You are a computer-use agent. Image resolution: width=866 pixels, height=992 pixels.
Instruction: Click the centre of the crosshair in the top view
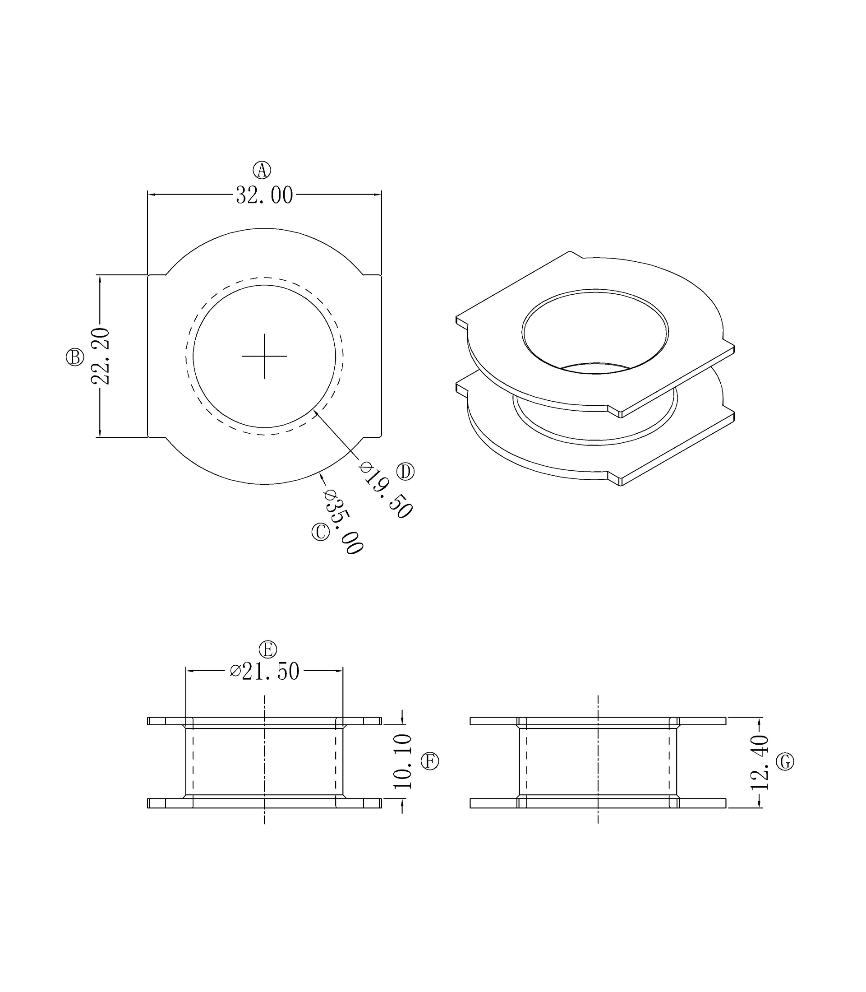(x=264, y=356)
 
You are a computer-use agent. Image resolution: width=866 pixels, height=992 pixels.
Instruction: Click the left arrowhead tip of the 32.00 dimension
(x=148, y=195)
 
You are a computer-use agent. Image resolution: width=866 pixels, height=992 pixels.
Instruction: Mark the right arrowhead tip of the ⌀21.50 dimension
(x=343, y=671)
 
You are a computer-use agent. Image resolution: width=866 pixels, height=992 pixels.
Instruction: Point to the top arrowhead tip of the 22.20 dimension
(x=100, y=275)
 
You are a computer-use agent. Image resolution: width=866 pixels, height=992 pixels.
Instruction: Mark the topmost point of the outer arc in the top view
(x=264, y=228)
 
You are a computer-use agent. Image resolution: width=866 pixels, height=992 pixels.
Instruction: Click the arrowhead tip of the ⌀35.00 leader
(x=320, y=474)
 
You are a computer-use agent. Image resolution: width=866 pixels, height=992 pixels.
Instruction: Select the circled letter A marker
(x=262, y=170)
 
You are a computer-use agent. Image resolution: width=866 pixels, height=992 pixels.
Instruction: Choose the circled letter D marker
(x=405, y=471)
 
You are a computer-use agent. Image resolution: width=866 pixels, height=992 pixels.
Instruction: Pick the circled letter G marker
(x=785, y=762)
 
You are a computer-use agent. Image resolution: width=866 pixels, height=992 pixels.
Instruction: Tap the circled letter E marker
(x=268, y=649)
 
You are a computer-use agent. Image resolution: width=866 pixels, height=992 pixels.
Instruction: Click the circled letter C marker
(x=320, y=532)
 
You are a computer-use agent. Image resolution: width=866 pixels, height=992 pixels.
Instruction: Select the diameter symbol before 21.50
(x=235, y=671)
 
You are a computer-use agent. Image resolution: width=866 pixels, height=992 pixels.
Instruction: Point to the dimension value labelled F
(x=403, y=761)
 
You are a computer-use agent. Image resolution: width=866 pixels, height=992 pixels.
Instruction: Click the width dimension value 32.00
(x=264, y=195)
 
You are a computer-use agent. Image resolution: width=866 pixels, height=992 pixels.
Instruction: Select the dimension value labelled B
(x=101, y=356)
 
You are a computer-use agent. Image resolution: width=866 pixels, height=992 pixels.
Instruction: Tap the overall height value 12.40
(x=760, y=762)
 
